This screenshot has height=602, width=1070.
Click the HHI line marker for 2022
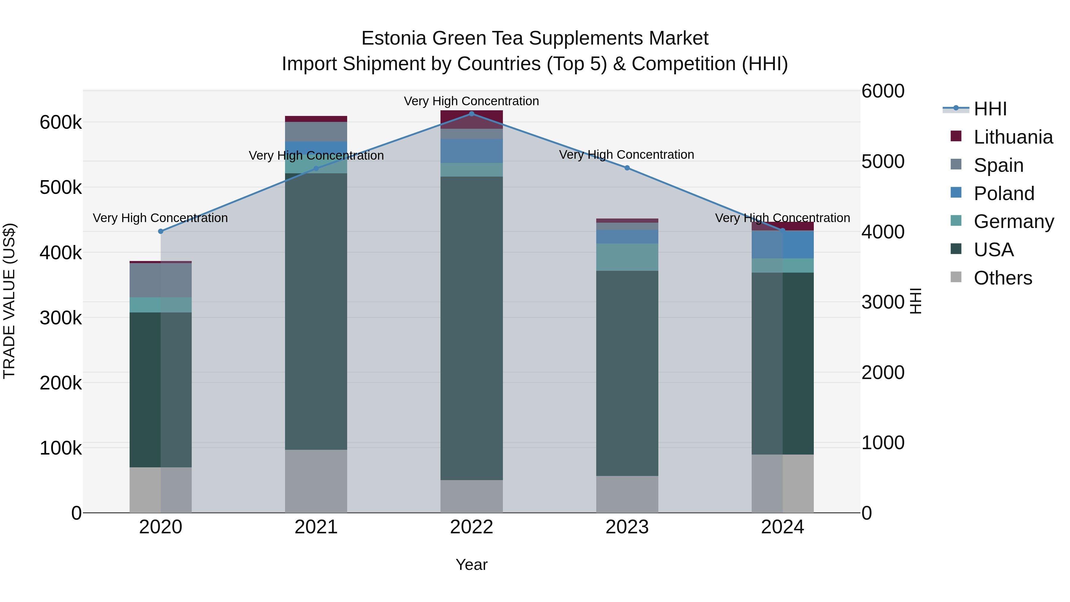[471, 114]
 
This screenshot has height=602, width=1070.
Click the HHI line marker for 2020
[161, 231]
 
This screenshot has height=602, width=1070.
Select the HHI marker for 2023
[627, 168]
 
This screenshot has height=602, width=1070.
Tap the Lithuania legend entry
[1013, 137]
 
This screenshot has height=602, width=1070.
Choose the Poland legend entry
[1003, 194]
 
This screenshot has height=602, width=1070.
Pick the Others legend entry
[1003, 278]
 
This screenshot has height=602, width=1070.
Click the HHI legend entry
[990, 109]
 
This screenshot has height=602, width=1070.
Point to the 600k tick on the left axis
[61, 122]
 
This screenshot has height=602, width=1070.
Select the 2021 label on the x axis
[316, 527]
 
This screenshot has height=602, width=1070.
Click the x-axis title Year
[471, 565]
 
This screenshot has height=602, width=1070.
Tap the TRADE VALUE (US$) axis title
[9, 301]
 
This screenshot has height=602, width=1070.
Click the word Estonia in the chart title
[394, 38]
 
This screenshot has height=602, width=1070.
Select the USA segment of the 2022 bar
[471, 328]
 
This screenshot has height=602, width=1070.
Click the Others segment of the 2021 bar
[316, 481]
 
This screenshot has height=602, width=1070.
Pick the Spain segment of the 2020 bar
[161, 280]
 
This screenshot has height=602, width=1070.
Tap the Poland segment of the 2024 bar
[783, 245]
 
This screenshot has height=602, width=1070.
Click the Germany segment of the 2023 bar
[627, 257]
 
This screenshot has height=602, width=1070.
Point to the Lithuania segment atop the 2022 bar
[471, 120]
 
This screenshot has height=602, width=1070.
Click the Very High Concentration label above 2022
[471, 101]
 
